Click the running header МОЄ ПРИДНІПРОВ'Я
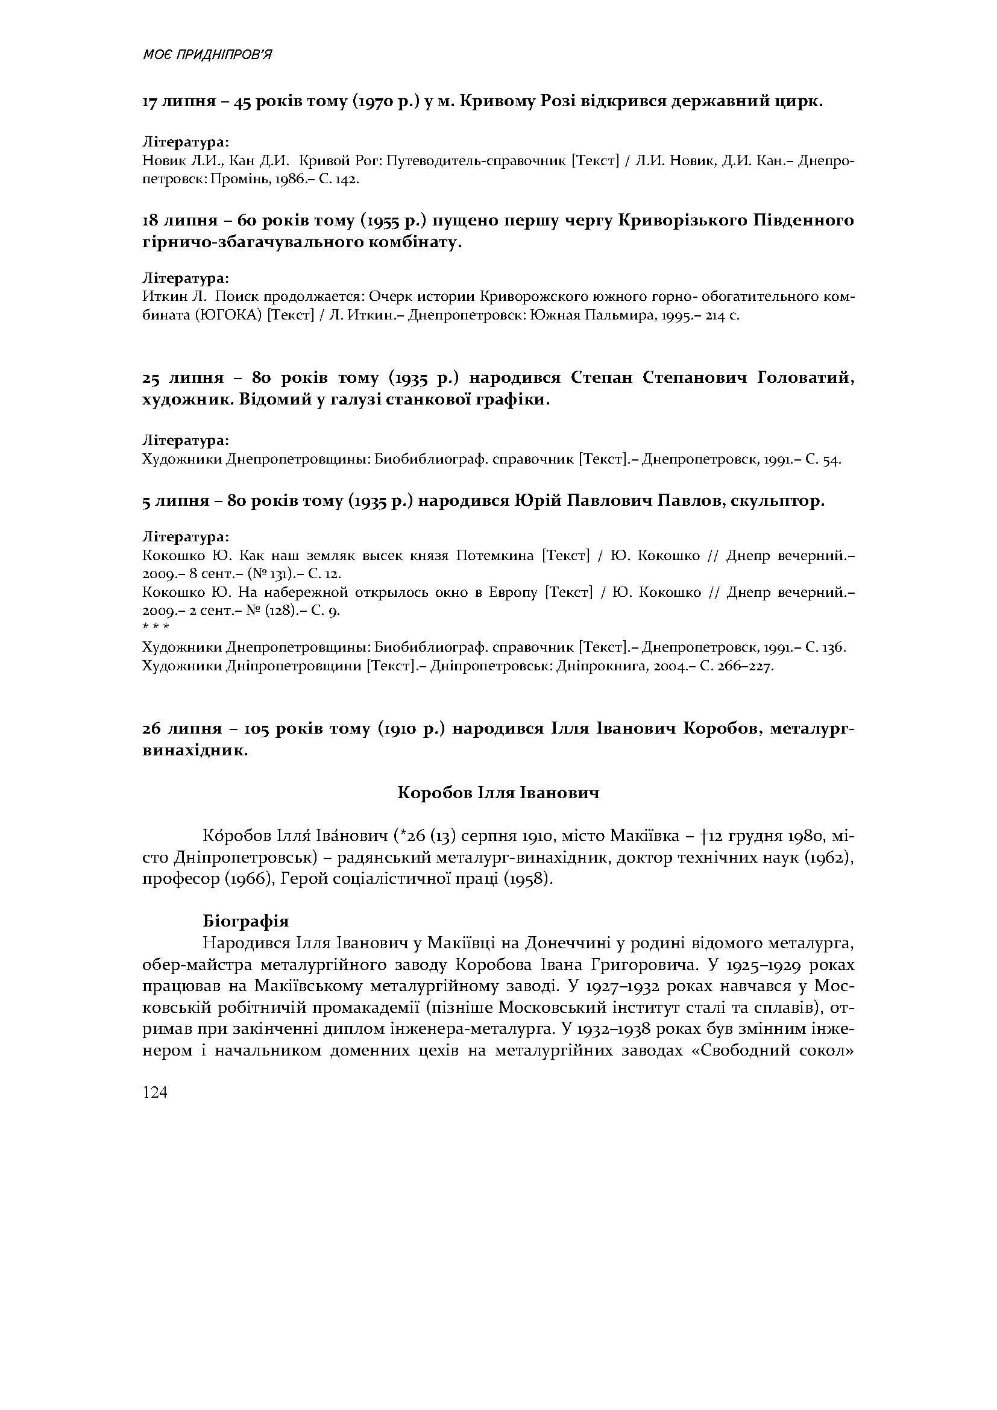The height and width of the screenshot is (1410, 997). point(207,55)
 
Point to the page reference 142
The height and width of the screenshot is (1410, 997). point(345,180)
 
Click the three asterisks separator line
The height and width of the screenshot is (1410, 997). point(156,627)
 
